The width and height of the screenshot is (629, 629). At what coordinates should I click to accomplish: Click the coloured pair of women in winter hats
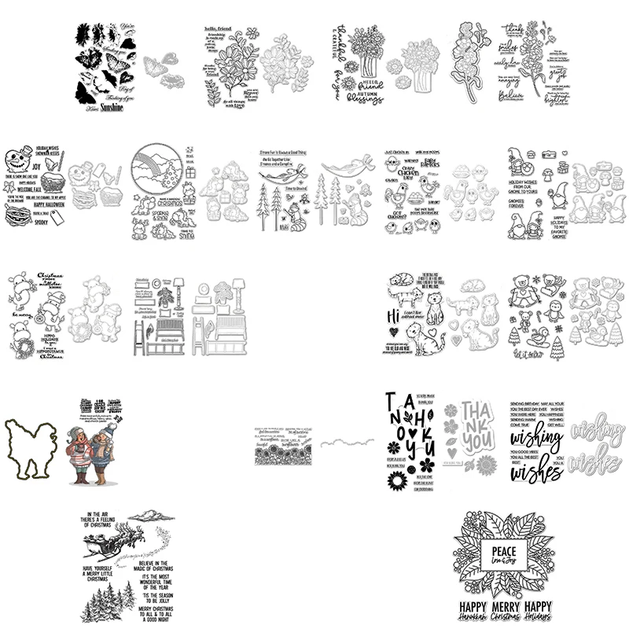pyautogui.click(x=97, y=450)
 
